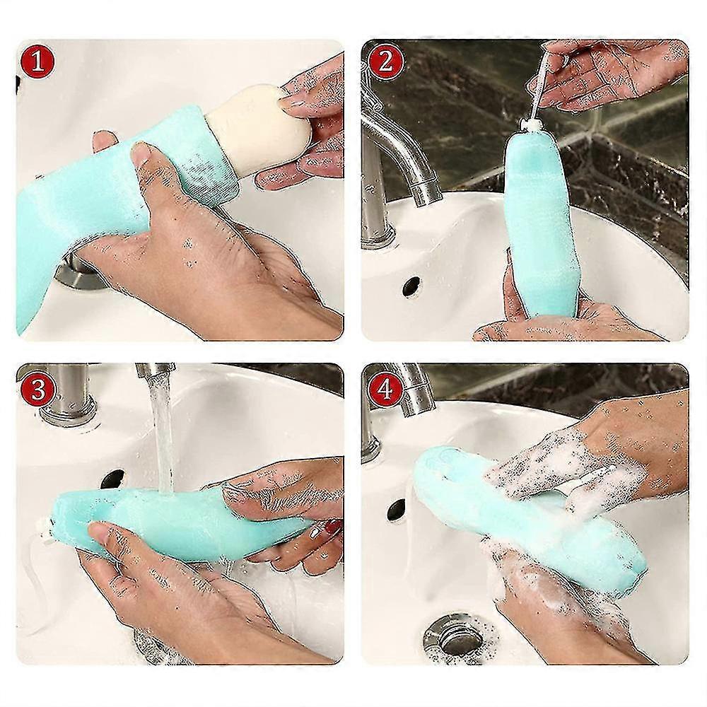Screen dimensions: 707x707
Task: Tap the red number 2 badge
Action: pyautogui.click(x=385, y=62)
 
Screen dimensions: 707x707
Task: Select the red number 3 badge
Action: pyautogui.click(x=38, y=389)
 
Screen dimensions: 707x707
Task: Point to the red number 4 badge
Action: pyautogui.click(x=385, y=389)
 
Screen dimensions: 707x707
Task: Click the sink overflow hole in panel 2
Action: pyautogui.click(x=411, y=287)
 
